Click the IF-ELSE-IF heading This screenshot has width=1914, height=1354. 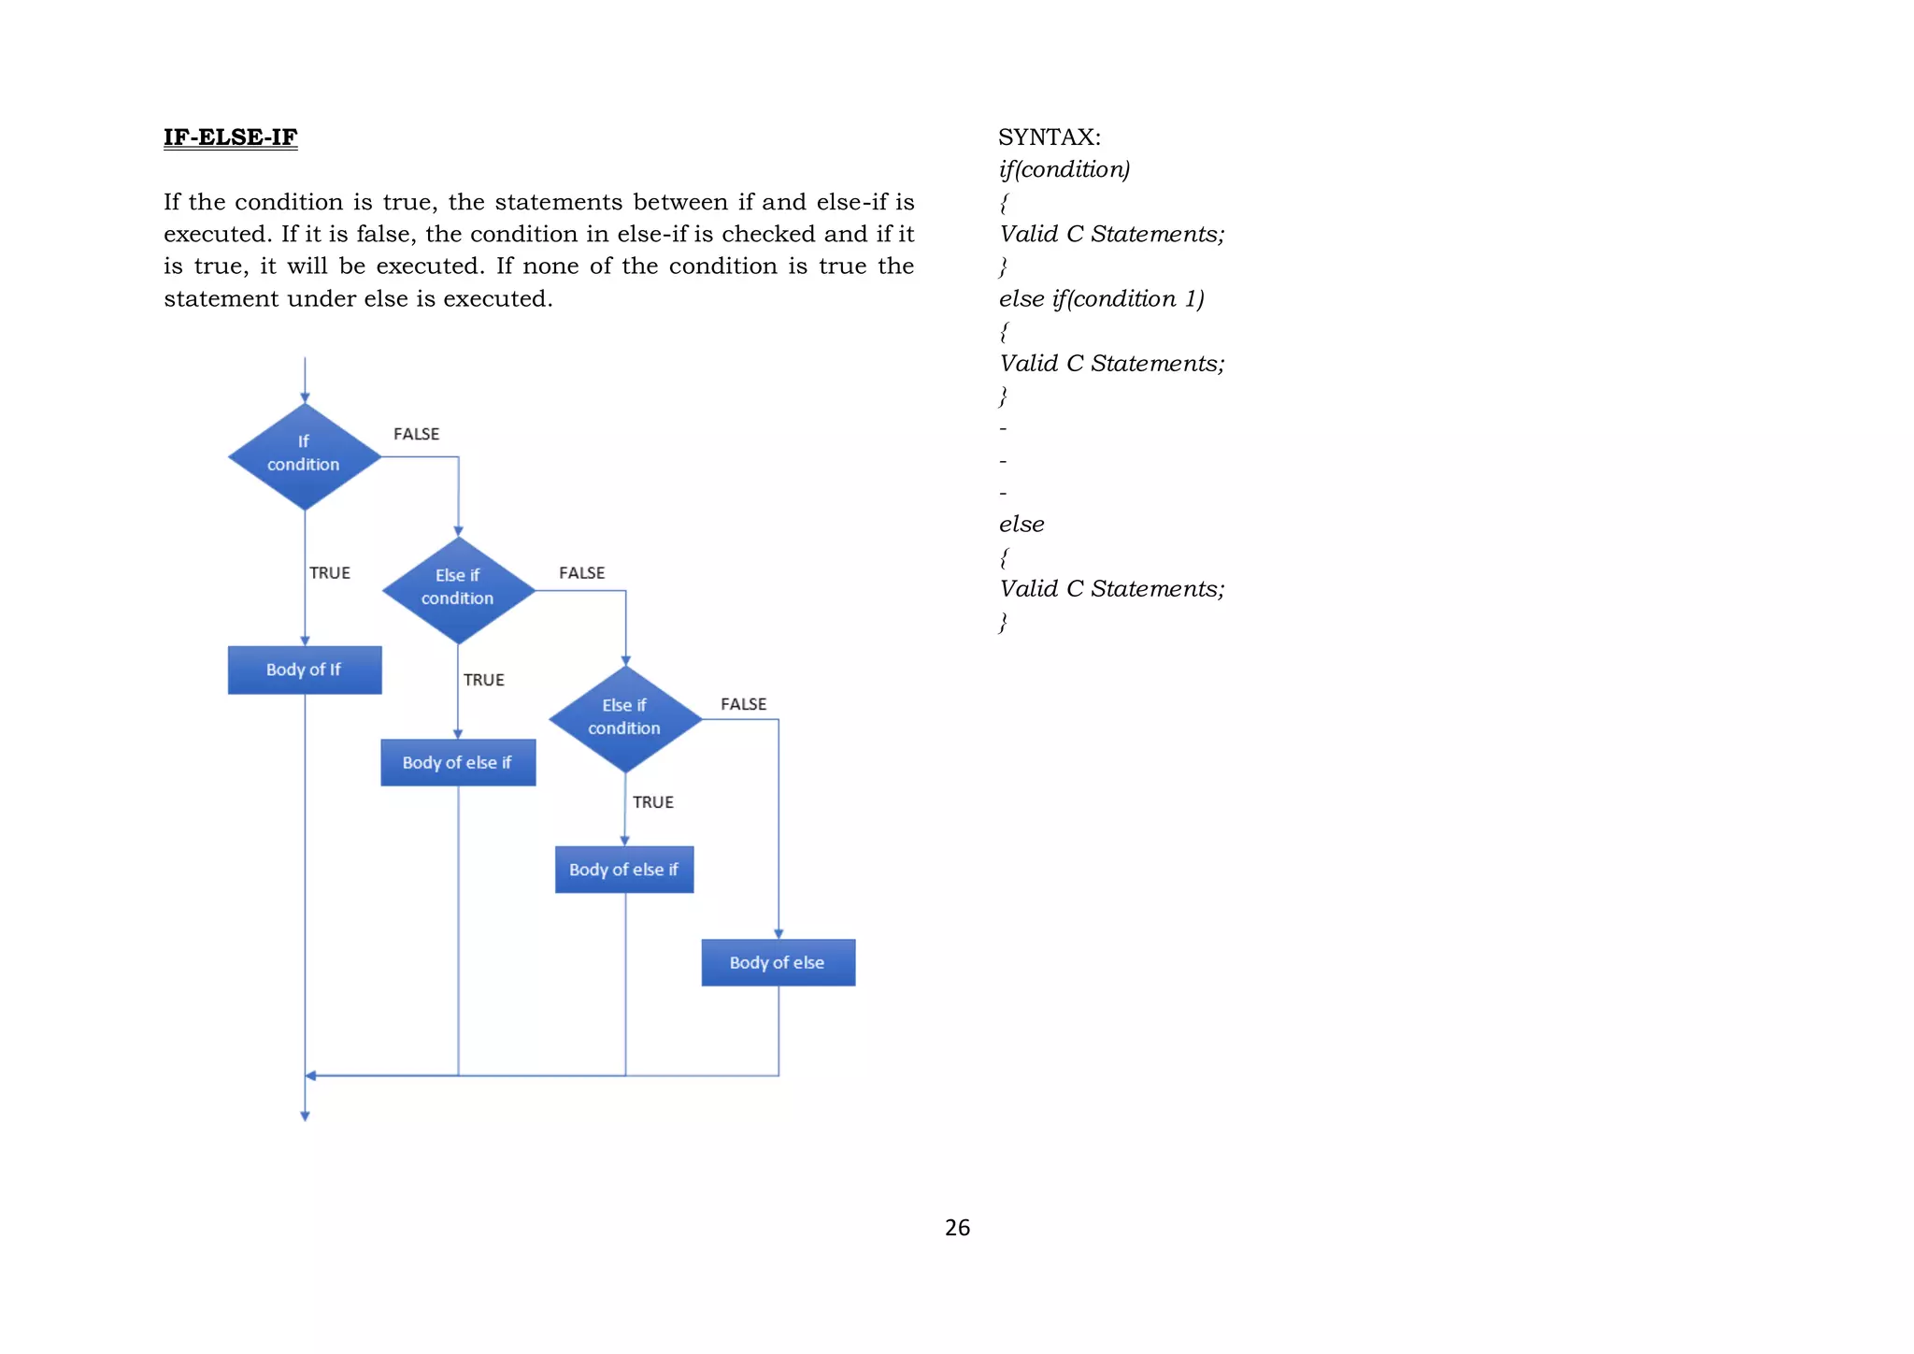coord(230,137)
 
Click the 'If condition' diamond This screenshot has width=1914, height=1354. coord(305,455)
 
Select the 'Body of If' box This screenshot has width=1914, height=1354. coord(305,670)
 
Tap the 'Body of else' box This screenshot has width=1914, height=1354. coord(778,962)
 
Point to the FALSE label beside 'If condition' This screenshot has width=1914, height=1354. coord(416,434)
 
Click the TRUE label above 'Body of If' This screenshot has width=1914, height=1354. coord(330,572)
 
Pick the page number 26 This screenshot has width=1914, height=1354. coord(957,1228)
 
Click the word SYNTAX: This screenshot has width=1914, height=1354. coord(1050,137)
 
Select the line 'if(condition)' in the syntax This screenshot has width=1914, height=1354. coord(1064,169)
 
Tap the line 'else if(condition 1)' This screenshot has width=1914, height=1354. coord(1101,298)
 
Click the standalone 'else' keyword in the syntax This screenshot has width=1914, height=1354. coord(1021,525)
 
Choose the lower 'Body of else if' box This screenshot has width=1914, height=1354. coord(624,870)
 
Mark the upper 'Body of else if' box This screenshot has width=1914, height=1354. coord(458,762)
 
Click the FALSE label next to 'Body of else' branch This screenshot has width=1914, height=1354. coord(743,704)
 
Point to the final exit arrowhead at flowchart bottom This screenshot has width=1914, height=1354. coord(305,1115)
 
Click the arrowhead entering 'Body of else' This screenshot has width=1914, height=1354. coord(778,933)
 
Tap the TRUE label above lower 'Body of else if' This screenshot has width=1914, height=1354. coord(652,802)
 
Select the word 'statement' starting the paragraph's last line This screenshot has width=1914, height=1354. coord(221,298)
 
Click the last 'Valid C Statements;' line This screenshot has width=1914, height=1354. coord(1111,589)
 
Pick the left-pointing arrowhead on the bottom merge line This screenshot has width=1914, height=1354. coord(311,1075)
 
